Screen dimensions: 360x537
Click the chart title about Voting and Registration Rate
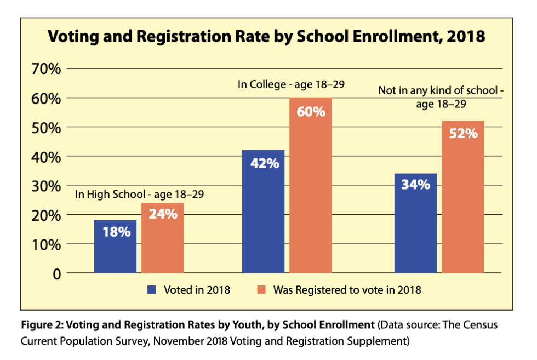coord(267,37)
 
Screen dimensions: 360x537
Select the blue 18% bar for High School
coord(115,247)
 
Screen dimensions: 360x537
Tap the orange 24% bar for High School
coord(163,238)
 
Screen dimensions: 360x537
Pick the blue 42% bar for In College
coord(263,212)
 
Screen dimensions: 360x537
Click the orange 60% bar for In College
coord(311,186)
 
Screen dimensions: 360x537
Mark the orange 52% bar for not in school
coord(463,197)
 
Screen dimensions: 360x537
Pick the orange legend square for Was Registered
coord(261,290)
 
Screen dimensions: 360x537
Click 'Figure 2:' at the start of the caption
coord(41,325)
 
